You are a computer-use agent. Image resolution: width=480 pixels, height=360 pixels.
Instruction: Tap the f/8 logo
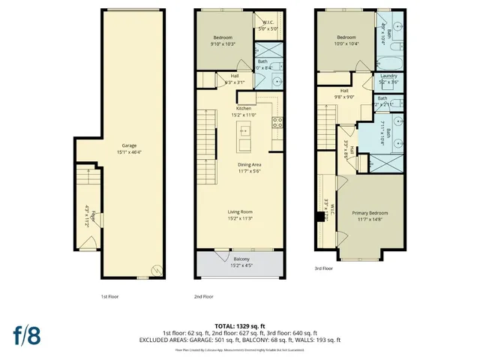click(25, 334)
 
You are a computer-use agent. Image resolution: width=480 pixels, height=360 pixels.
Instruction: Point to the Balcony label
click(240, 259)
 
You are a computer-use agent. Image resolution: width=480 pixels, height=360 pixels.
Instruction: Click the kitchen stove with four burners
click(277, 123)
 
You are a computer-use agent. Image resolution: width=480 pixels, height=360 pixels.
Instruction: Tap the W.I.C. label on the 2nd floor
click(268, 22)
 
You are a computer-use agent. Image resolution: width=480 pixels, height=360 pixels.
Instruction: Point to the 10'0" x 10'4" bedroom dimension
click(346, 43)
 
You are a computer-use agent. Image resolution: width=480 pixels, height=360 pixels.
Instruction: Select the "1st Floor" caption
click(109, 296)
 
